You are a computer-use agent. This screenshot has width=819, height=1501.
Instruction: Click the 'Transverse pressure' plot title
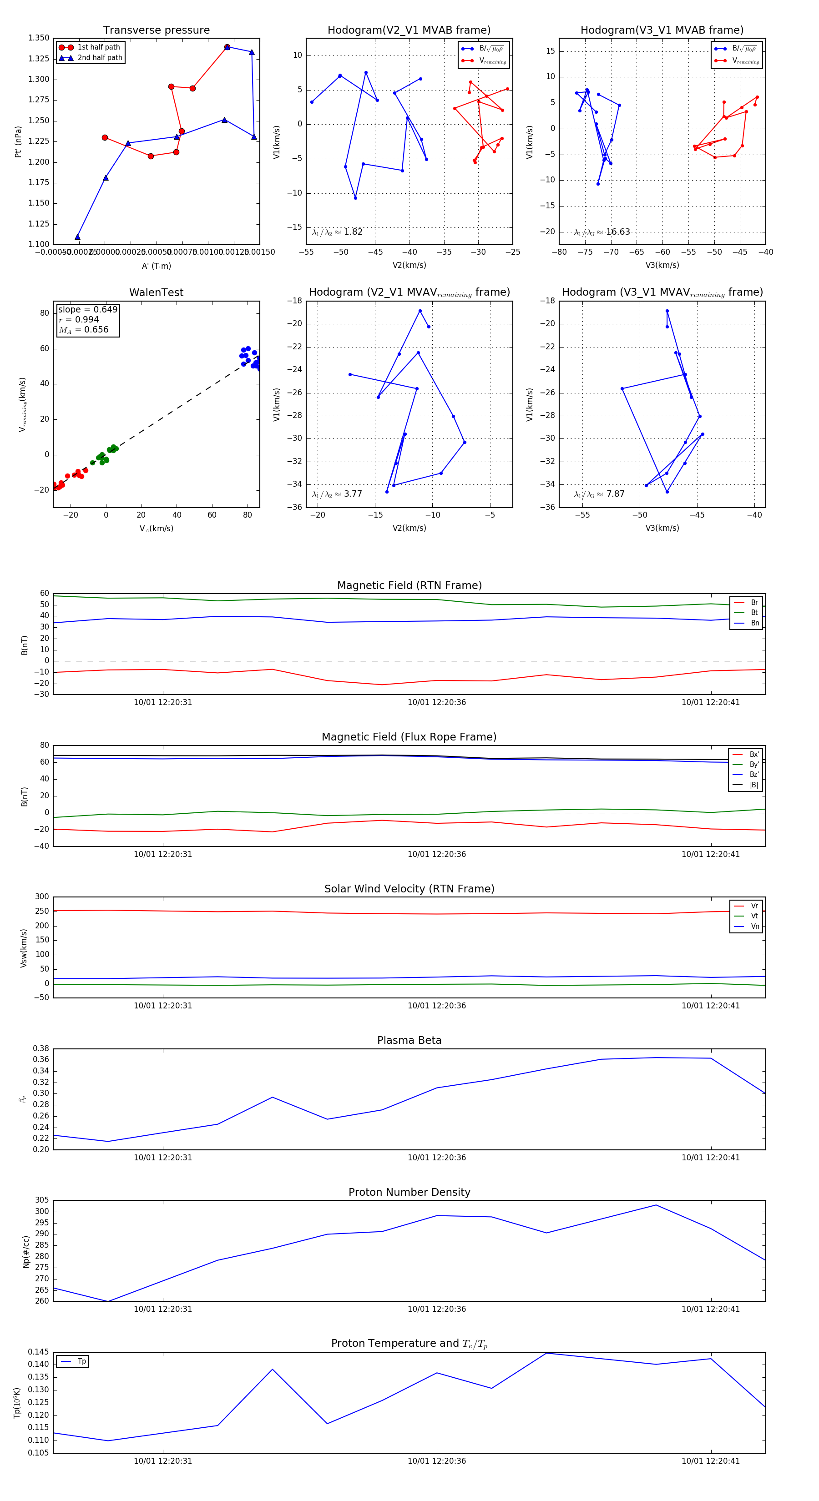tap(156, 30)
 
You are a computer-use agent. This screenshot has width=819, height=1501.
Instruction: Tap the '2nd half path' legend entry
tap(100, 58)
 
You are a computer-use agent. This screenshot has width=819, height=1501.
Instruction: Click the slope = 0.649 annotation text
tap(87, 309)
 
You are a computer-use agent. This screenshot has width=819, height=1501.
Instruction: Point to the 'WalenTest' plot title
tap(156, 292)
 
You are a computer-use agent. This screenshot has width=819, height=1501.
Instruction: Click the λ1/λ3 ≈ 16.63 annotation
tap(602, 232)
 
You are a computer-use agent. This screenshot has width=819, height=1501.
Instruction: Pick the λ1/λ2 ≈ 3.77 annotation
tap(337, 494)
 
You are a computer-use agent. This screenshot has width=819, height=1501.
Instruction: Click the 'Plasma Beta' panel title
tap(409, 1041)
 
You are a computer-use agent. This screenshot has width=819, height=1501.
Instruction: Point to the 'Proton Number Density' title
tap(409, 1192)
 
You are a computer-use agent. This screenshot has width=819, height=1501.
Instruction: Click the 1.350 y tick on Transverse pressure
tap(39, 38)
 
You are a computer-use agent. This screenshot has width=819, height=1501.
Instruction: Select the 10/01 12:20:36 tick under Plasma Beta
tap(437, 1157)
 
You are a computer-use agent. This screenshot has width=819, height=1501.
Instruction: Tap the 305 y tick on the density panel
tap(42, 1200)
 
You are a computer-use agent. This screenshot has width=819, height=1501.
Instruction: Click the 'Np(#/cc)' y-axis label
tap(25, 1252)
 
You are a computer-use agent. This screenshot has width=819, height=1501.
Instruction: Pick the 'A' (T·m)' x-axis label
tap(156, 266)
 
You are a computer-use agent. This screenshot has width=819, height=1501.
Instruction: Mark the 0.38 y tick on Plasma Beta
tap(41, 1048)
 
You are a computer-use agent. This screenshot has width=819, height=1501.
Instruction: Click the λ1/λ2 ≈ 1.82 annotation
tap(337, 232)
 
